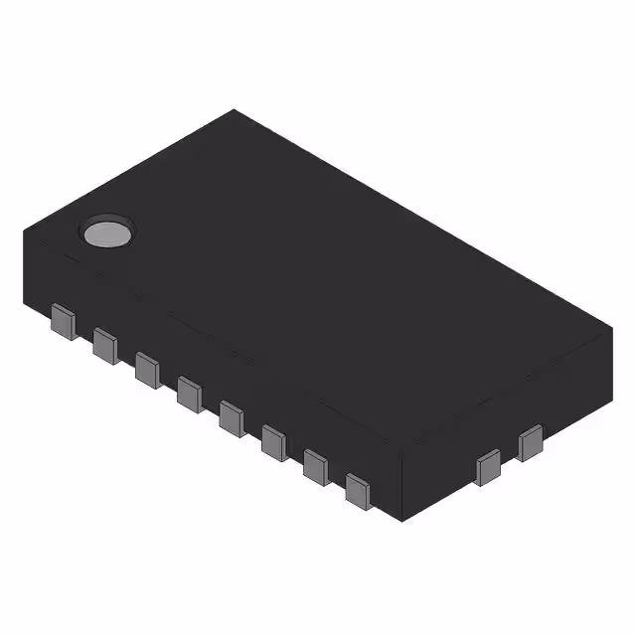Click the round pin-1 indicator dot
(107, 232)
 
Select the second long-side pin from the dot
(105, 345)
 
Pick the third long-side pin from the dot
(147, 368)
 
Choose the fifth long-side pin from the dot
(233, 415)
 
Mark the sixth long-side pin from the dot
(275, 441)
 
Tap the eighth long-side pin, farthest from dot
(359, 488)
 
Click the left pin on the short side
(488, 466)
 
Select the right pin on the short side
(530, 441)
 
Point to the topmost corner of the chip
(235, 109)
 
